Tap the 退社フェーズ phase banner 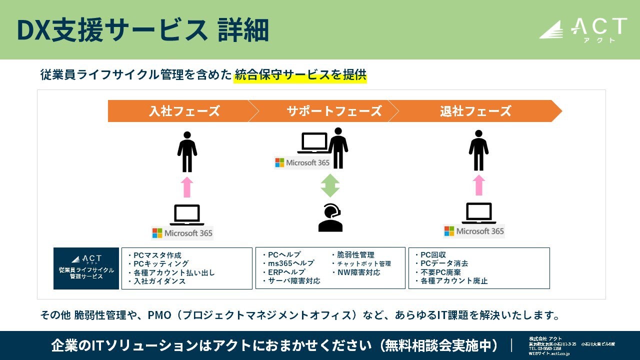(475, 111)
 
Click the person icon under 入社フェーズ (187, 151)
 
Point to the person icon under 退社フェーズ (478, 150)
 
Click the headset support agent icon (330, 218)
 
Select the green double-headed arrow (330, 185)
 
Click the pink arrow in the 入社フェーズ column (187, 187)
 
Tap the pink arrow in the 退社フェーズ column (479, 185)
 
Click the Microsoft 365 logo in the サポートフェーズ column (302, 162)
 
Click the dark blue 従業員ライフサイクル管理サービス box (86, 268)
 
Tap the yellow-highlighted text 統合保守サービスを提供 (300, 75)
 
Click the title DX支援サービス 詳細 (142, 30)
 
